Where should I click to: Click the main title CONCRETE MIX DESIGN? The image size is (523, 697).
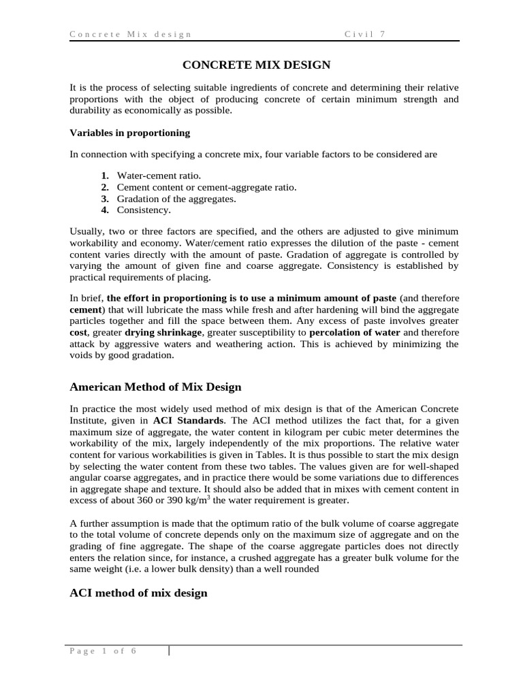[x=256, y=65]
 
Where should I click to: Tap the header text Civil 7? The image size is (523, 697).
[x=365, y=34]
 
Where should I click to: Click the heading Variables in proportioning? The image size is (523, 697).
[x=130, y=133]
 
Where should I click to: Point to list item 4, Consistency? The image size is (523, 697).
[x=144, y=210]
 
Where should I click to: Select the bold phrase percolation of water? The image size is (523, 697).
[x=355, y=332]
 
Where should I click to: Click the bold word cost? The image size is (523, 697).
[x=79, y=332]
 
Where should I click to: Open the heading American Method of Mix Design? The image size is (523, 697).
[x=155, y=387]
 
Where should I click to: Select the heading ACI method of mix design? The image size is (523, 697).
[x=138, y=593]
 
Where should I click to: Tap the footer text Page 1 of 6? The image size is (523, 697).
[x=103, y=651]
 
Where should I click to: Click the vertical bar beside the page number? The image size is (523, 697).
[x=169, y=651]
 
